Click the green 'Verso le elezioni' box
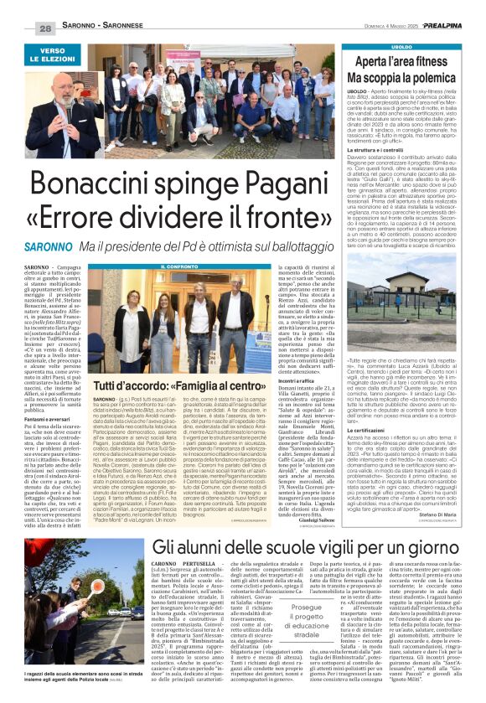click(64, 55)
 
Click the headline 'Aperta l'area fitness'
click(420, 62)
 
